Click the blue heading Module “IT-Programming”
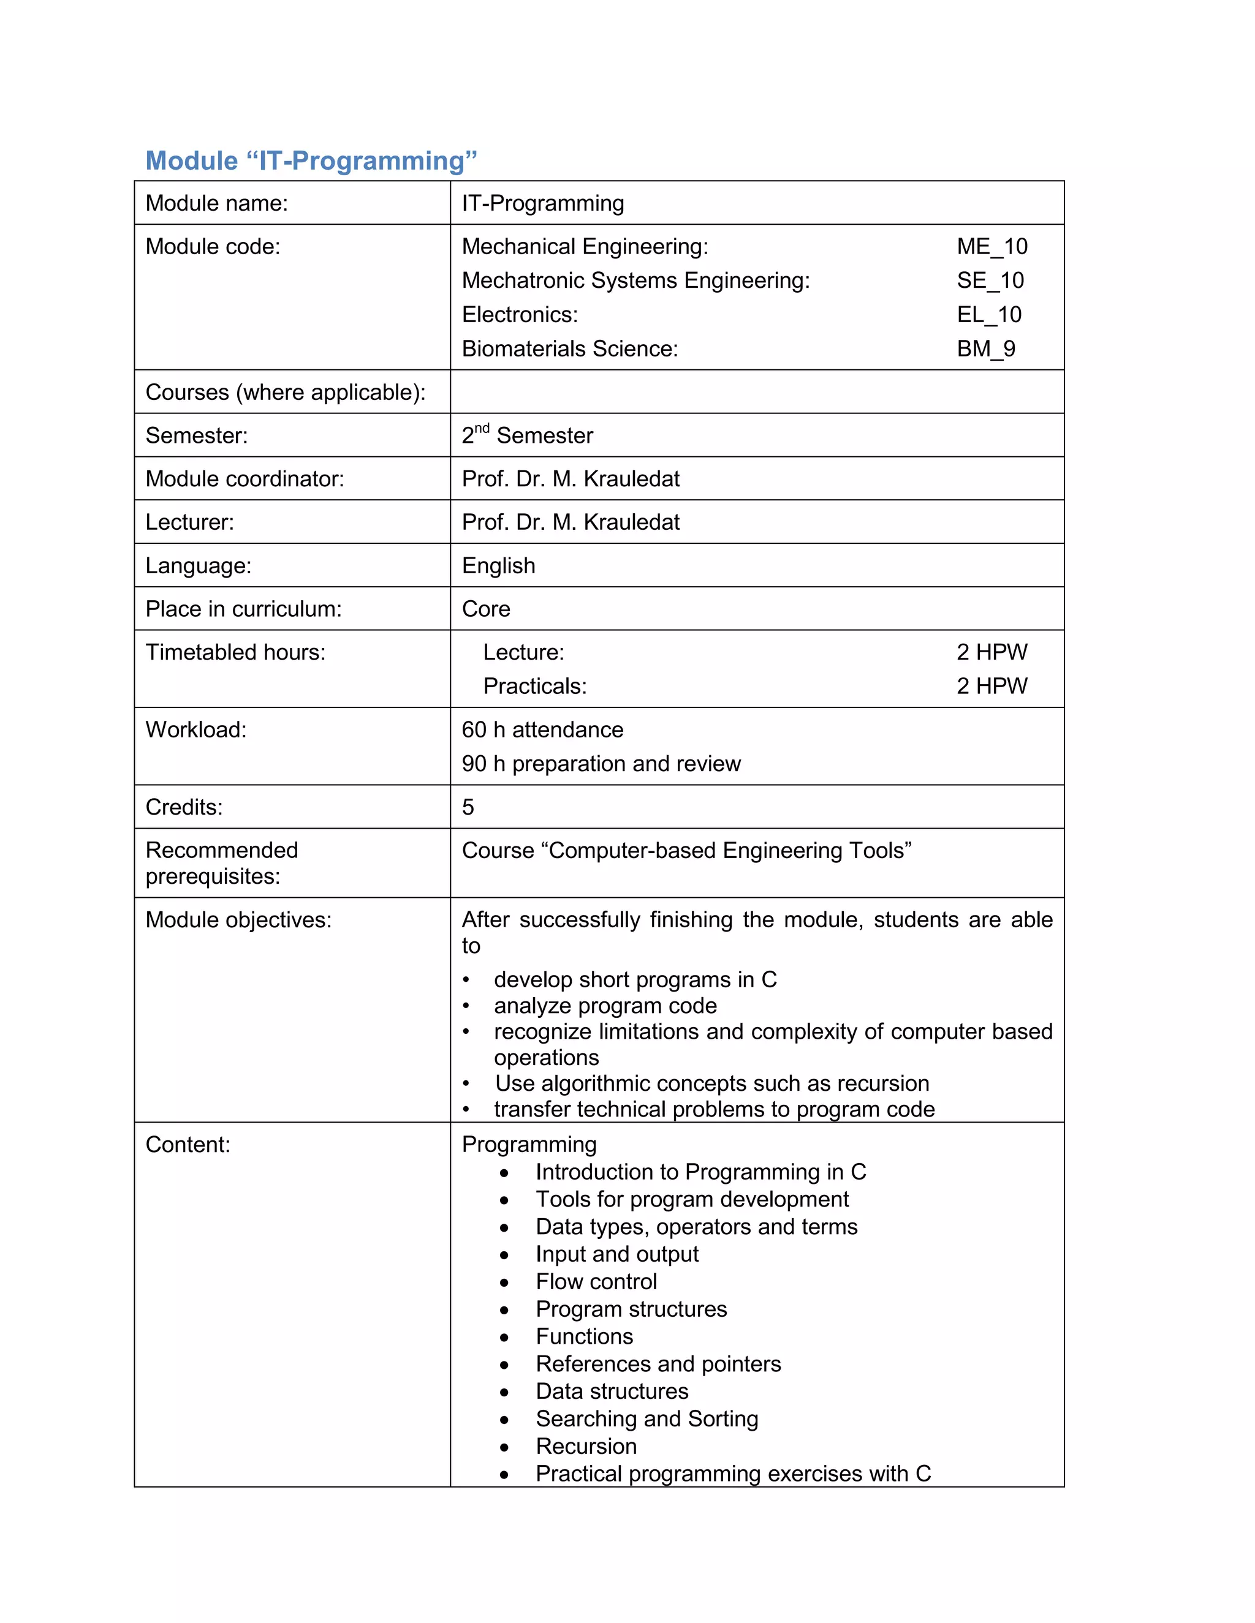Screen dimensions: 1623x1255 [x=311, y=160]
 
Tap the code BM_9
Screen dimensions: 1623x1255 [x=985, y=348]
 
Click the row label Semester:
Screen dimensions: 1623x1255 [x=196, y=435]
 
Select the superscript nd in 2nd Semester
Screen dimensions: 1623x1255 [x=482, y=428]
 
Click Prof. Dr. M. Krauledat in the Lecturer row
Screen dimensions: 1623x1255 [x=571, y=522]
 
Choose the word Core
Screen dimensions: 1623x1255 [x=485, y=609]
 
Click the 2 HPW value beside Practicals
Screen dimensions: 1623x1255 [x=991, y=686]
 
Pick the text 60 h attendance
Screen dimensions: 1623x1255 [x=542, y=730]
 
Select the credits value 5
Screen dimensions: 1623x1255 [x=468, y=807]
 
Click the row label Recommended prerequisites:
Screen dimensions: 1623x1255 [x=222, y=863]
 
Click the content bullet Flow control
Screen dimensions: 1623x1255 [x=596, y=1281]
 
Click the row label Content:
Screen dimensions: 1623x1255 [x=188, y=1145]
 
